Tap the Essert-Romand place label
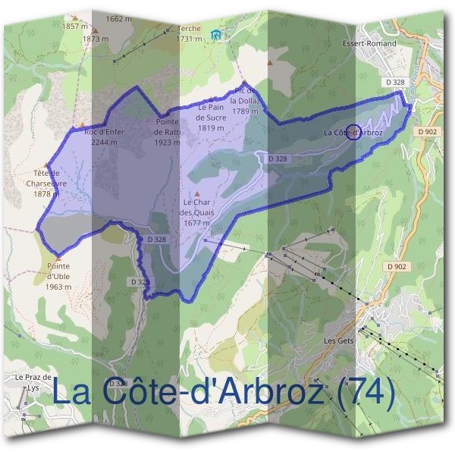pos(369,43)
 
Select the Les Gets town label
pos(339,340)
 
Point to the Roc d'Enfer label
pos(104,132)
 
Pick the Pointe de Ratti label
pos(167,127)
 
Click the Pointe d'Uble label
pos(58,271)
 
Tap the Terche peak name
pos(189,29)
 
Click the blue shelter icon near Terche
pos(218,33)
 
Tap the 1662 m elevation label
pos(119,18)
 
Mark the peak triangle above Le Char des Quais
pos(196,193)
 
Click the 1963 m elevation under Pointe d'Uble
pos(58,287)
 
